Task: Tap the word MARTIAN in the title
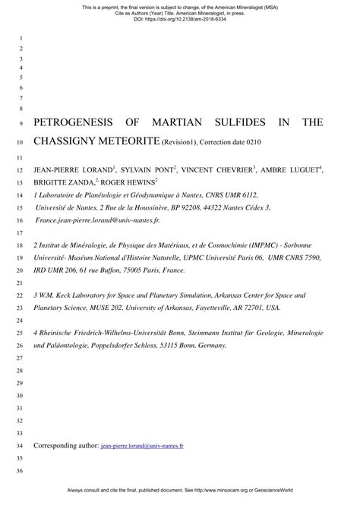[183, 122]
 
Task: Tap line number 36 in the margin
[21, 471]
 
